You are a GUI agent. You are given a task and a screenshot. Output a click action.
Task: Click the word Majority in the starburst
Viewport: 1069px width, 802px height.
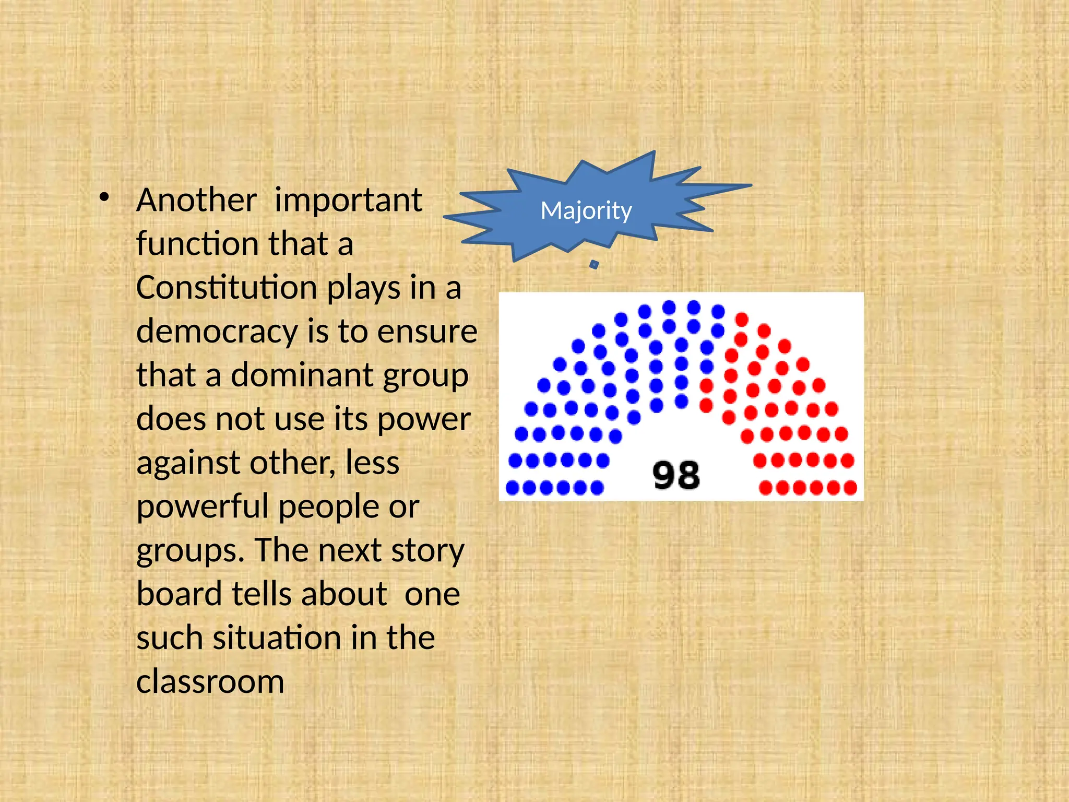pyautogui.click(x=586, y=211)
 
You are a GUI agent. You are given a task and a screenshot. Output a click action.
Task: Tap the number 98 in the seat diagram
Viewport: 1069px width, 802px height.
pyautogui.click(x=676, y=475)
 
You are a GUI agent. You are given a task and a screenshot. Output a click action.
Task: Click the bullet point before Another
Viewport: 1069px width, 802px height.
pyautogui.click(x=104, y=198)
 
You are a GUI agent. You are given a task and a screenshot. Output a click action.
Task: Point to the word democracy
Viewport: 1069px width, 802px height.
pyautogui.click(x=218, y=332)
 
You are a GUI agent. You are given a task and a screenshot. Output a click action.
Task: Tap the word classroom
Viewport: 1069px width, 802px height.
pyautogui.click(x=210, y=682)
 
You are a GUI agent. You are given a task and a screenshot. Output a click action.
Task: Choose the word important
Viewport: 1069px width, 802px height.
pyautogui.click(x=348, y=201)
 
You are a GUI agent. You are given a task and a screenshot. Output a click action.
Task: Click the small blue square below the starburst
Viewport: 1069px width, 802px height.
pyautogui.click(x=594, y=265)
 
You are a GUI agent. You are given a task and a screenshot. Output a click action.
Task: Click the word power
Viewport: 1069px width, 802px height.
pyautogui.click(x=424, y=420)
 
